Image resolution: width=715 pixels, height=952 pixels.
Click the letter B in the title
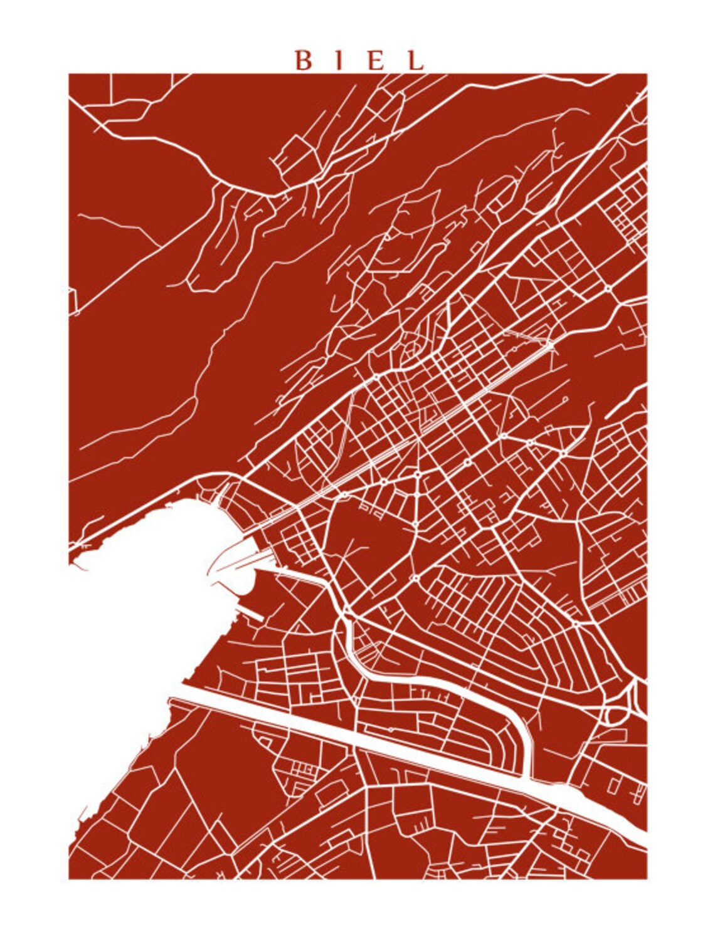304,60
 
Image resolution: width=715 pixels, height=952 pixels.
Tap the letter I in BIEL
339,60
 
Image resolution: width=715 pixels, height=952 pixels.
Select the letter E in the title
376,60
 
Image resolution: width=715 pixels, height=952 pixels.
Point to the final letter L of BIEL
415,60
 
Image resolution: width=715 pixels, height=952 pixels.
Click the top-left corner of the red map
69,74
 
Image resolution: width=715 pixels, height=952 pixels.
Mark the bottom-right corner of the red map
647,878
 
